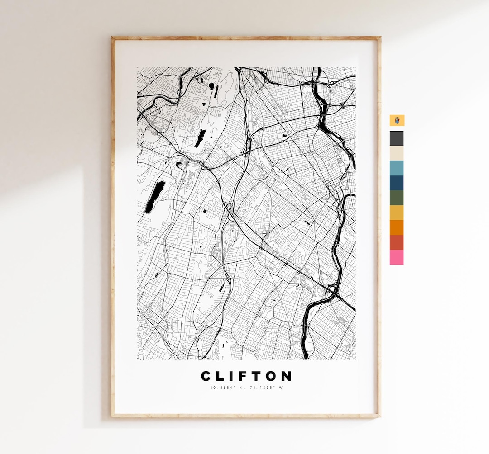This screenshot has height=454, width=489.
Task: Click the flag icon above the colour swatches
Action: click(x=397, y=120)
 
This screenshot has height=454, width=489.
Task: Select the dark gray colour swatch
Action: click(x=397, y=138)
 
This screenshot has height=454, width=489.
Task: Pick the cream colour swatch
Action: click(x=397, y=153)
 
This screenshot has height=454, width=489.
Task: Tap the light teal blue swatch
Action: click(x=397, y=168)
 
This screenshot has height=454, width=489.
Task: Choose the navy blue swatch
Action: click(x=397, y=183)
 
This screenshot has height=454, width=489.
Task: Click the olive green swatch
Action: click(x=397, y=198)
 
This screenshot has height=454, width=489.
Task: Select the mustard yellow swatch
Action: click(x=397, y=213)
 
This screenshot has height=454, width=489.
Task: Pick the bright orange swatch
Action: click(x=397, y=227)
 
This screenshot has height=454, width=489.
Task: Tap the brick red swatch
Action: click(x=397, y=242)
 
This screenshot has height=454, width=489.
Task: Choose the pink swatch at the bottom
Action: click(x=397, y=257)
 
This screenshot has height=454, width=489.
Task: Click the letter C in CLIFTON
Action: click(x=206, y=376)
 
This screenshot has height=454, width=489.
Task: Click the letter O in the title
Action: click(x=272, y=376)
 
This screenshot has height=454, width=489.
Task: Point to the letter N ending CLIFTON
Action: click(x=287, y=376)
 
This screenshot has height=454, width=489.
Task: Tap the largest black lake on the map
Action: click(x=153, y=197)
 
